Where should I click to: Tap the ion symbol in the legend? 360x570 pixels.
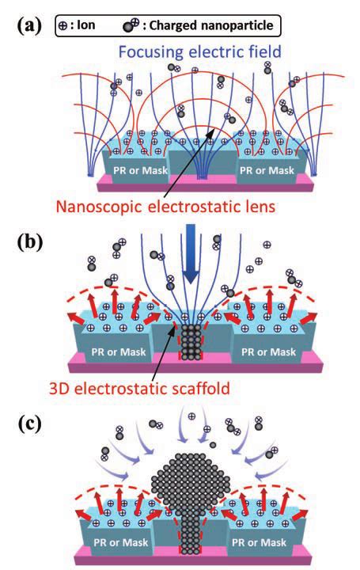tap(65, 25)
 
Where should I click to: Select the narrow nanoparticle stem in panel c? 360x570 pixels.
tap(188, 526)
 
